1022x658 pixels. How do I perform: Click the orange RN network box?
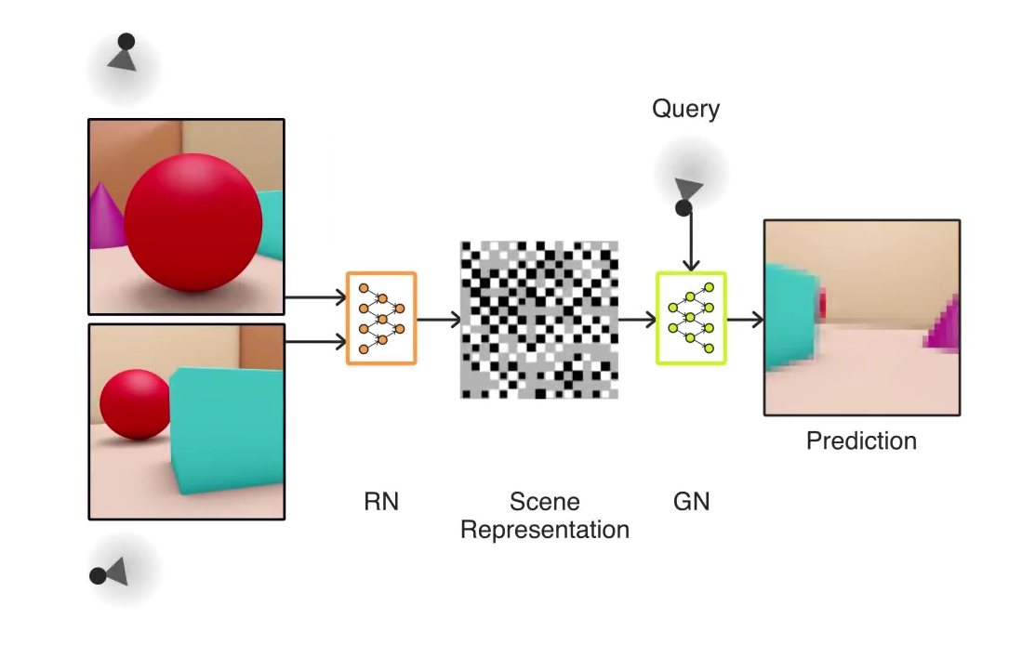coord(381,318)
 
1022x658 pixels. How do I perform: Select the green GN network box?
coord(691,318)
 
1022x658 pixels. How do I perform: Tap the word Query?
coord(685,109)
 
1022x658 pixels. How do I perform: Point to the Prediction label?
coord(861,441)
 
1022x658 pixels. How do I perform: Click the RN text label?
coord(380,502)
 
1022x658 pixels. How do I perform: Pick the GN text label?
coord(691,502)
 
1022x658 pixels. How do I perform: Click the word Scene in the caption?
coord(545,502)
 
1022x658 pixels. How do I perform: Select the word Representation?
coord(545,530)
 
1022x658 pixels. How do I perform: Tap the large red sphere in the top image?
coord(193,223)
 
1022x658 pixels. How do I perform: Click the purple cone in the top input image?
coord(105,217)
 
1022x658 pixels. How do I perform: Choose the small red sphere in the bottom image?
coord(135,404)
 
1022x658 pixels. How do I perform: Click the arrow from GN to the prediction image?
coord(745,320)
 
